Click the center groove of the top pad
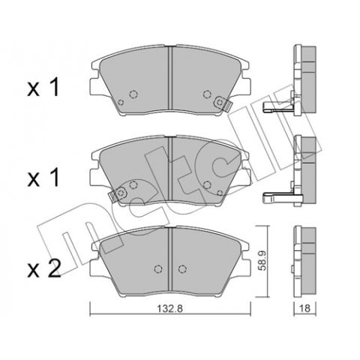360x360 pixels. [x=170, y=79]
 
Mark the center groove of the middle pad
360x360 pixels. [x=170, y=169]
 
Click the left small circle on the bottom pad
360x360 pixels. [x=157, y=270]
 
